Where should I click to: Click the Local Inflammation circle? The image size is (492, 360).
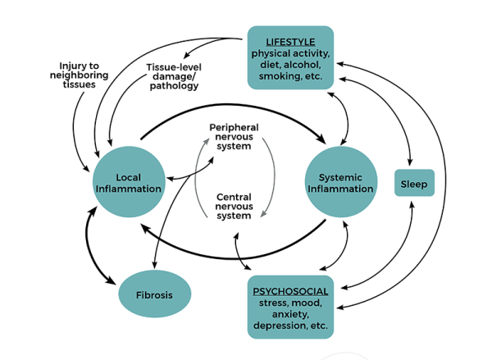[x=128, y=183]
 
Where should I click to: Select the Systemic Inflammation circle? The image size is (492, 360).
[x=340, y=183]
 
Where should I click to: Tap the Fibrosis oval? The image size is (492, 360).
[x=154, y=294]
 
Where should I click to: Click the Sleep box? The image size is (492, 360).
[x=414, y=183]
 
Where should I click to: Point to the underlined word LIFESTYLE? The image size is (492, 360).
[x=290, y=40]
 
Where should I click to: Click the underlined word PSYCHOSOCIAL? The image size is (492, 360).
[x=290, y=291]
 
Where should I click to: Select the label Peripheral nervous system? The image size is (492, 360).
[x=234, y=137]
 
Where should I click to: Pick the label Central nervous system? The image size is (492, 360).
[x=234, y=206]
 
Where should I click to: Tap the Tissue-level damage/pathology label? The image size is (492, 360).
[x=173, y=76]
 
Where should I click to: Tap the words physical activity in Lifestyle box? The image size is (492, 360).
[x=290, y=53]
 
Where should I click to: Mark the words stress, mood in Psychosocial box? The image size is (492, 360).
[x=290, y=303]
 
